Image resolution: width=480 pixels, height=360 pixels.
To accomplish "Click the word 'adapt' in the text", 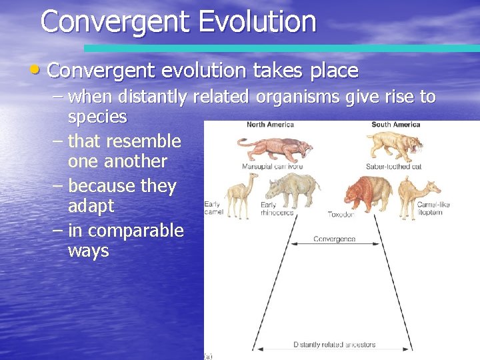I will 91,206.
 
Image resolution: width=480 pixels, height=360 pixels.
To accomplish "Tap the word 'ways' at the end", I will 88,251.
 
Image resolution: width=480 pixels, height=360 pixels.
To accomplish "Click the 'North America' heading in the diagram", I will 270,125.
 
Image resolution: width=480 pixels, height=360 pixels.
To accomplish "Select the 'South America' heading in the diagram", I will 396,125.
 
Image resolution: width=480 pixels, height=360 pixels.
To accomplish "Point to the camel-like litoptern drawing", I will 421,193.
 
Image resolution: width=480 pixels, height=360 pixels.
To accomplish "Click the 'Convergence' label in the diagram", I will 334,239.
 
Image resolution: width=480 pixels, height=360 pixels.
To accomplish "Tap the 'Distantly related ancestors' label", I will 334,345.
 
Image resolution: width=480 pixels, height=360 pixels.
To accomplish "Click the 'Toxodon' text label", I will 341,215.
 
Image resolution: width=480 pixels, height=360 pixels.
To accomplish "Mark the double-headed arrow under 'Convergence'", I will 334,246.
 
